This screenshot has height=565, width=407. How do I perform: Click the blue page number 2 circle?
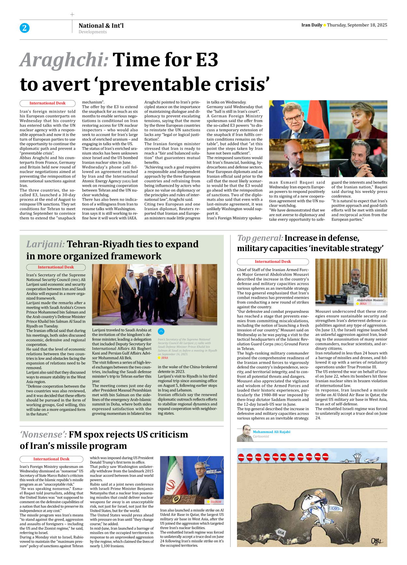(24, 28)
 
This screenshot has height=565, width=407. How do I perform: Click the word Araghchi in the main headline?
(64, 60)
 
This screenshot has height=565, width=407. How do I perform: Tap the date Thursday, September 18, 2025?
(357, 25)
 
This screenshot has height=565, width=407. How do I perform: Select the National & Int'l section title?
(101, 25)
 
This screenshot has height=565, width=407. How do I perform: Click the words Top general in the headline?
(260, 238)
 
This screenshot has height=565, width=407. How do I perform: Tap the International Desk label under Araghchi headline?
(48, 103)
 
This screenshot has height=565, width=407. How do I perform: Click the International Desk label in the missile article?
(51, 459)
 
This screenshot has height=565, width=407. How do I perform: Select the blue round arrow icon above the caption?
(161, 331)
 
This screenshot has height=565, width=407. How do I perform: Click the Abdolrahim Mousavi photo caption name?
(370, 300)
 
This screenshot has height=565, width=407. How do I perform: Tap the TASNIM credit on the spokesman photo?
(215, 502)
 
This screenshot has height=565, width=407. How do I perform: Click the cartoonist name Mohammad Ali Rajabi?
(271, 432)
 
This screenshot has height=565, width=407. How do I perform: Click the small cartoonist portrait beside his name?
(245, 434)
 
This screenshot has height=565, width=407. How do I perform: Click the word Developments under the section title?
(92, 32)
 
